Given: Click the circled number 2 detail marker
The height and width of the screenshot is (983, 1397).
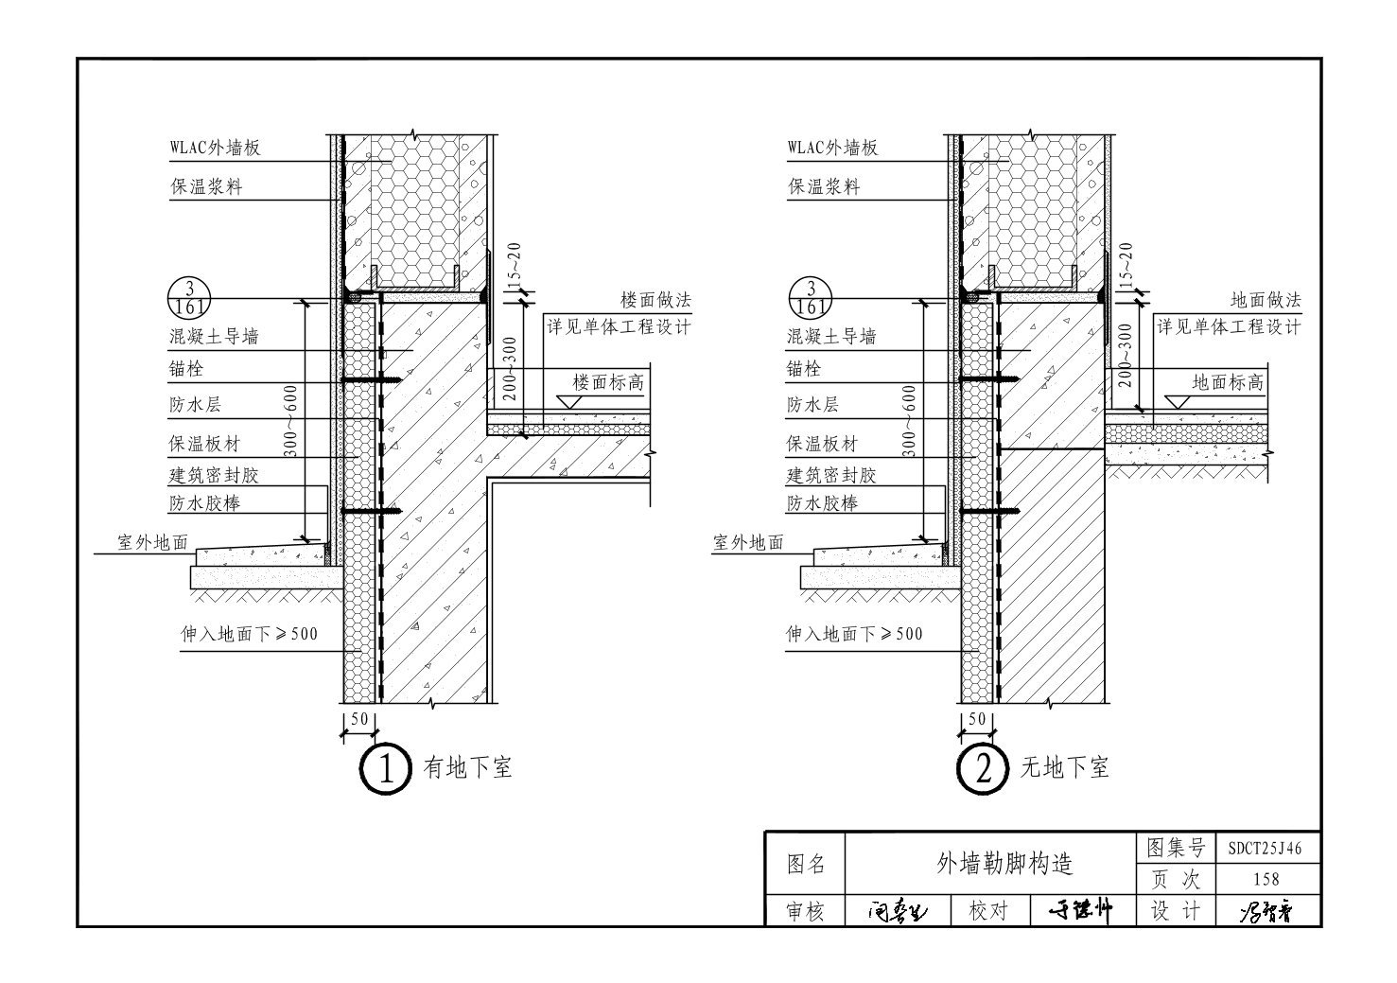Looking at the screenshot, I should point(984,768).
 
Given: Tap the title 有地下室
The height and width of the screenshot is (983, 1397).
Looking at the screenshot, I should point(467,767).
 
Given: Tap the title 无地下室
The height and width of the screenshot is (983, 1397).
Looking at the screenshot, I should point(1064,767).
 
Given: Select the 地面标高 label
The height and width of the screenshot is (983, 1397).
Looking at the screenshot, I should point(1227,383).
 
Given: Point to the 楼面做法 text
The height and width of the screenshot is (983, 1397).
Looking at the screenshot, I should point(655,300).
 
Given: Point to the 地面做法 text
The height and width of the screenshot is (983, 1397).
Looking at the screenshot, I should point(1266,300).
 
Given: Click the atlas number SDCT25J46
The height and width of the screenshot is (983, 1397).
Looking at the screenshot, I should point(1265,849).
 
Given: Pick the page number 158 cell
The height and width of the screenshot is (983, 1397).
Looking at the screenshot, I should point(1265,880).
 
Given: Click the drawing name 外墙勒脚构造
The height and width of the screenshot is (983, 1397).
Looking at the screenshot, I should point(989,863).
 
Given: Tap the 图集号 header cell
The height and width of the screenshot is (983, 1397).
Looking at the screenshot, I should point(1175,848).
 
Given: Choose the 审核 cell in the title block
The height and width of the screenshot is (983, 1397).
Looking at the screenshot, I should point(805,911).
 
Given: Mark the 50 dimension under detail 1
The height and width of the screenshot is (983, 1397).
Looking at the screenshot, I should point(359,719).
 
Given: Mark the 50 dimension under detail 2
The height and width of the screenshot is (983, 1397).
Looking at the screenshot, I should point(977,719).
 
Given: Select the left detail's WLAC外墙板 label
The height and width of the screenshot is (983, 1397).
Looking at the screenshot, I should point(215,148).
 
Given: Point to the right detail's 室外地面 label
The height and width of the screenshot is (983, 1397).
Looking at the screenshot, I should point(748,542).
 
